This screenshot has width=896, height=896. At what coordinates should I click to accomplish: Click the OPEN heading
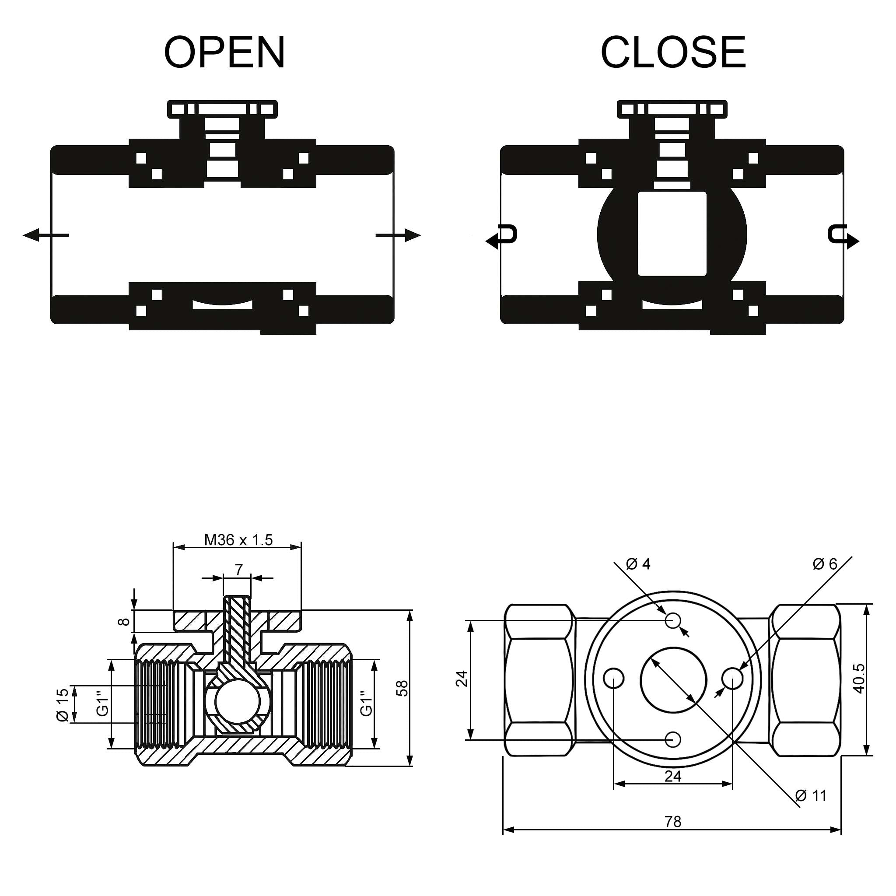tap(224, 52)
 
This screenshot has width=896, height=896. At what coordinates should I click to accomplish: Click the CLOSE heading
tap(673, 52)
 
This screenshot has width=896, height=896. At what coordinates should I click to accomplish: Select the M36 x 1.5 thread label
tap(238, 540)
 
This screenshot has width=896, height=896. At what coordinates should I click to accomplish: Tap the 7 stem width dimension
tap(238, 569)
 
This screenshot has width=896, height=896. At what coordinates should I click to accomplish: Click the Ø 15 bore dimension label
tap(62, 705)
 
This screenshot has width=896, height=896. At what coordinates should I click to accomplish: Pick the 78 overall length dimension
tap(672, 822)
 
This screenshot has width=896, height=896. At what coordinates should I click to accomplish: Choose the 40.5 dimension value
tap(859, 679)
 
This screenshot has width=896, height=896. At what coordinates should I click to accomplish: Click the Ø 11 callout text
tap(811, 796)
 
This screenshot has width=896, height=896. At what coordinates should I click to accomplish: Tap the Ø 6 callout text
tap(825, 564)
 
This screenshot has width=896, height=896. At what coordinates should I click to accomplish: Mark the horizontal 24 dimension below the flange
tap(672, 776)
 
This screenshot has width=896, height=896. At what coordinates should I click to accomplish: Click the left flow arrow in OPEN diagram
tap(45, 235)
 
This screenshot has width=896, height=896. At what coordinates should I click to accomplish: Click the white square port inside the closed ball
tap(672, 234)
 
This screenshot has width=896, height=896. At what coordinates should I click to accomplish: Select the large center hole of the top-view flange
tap(673, 681)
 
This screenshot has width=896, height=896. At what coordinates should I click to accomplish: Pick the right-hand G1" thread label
tap(366, 703)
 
